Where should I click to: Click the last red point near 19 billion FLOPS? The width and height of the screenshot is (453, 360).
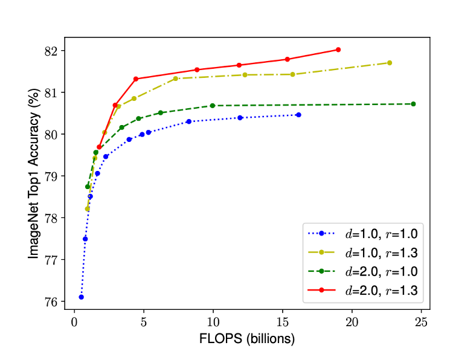tap(338, 50)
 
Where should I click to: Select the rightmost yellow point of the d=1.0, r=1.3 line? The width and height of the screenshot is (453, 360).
tap(390, 63)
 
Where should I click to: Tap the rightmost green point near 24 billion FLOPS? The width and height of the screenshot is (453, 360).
tap(413, 104)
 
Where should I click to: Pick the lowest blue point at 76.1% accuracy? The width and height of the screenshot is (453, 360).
tap(81, 297)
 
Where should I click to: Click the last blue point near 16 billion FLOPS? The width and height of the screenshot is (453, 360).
tap(298, 115)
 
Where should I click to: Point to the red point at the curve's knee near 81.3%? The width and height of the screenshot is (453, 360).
tap(136, 79)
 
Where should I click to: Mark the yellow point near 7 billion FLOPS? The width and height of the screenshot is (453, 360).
tap(176, 79)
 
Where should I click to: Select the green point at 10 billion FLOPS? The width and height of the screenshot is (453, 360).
tap(213, 106)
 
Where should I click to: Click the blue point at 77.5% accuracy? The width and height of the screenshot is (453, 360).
tap(85, 239)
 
